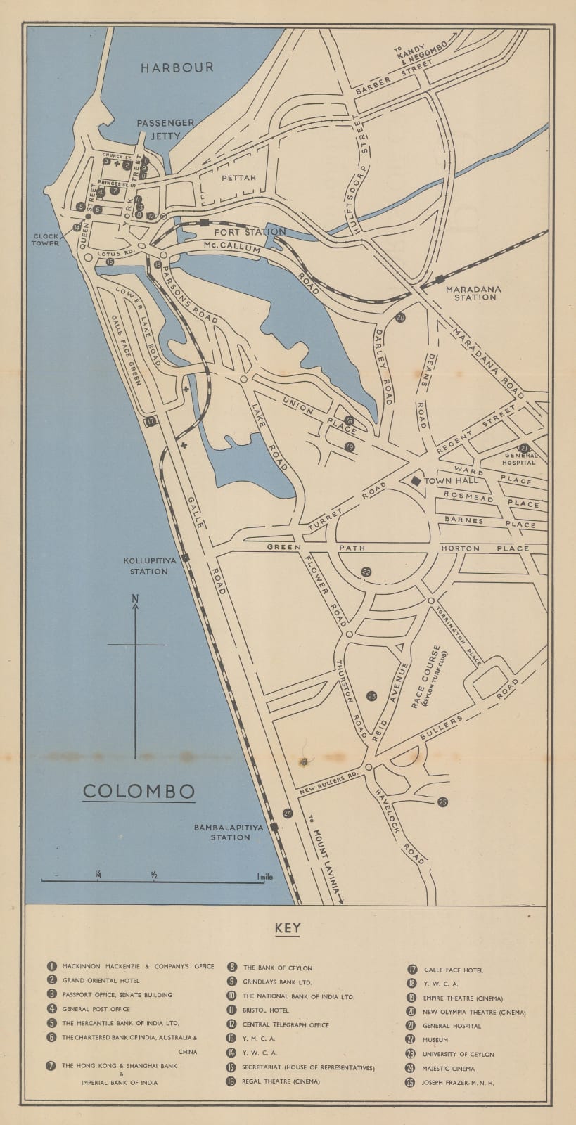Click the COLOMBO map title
[139, 790]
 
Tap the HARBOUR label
[177, 67]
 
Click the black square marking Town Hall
[416, 480]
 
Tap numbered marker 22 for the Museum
[366, 572]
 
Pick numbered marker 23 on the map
[372, 696]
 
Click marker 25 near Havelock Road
[442, 802]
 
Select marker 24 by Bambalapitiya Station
[287, 813]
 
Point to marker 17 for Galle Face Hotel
[150, 421]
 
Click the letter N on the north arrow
[134, 599]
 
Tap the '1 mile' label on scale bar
[265, 877]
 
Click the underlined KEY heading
[288, 928]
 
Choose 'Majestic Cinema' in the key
[449, 1069]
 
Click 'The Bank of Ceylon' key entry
[277, 967]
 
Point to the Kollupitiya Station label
[145, 566]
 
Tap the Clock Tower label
[44, 239]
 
